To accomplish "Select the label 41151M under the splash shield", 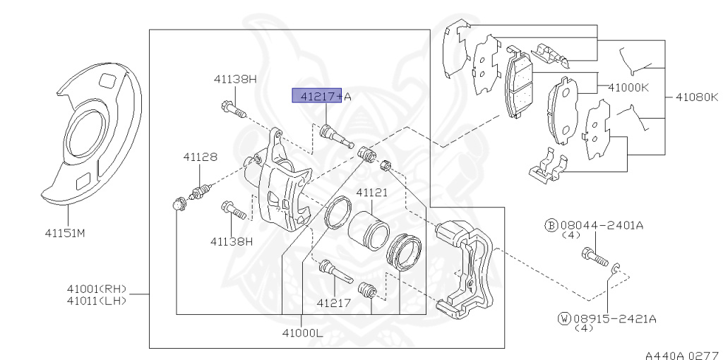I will pos(69,232).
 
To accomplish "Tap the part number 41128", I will pos(200,157).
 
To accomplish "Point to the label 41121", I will pos(371,192).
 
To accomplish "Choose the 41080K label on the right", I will pos(697,95).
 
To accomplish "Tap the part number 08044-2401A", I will pos(607,225).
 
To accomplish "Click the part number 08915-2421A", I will pos(615,319).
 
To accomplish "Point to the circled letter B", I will pos(551,225).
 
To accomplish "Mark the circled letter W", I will pos(563,319).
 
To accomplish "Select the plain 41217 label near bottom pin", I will pos(333,304).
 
